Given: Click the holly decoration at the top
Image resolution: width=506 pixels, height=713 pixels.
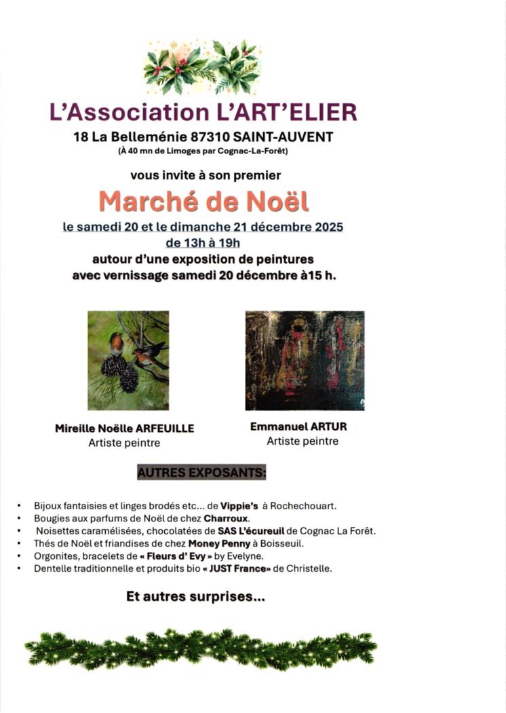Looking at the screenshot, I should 203,67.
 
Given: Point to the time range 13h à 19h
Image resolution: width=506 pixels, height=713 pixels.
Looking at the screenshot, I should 203,242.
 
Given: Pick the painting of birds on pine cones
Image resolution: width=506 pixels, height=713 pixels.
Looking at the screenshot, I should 128,360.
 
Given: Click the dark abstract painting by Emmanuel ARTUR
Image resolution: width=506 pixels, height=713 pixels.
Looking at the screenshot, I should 305,360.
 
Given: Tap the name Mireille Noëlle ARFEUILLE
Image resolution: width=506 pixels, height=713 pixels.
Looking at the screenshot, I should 125,428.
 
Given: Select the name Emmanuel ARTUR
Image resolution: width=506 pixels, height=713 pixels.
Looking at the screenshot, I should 299,427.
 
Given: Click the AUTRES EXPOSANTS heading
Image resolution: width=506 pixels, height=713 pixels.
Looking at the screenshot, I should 201,472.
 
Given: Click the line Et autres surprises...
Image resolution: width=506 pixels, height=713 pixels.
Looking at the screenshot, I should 195,598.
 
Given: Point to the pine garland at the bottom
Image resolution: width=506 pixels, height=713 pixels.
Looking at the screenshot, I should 201,649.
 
